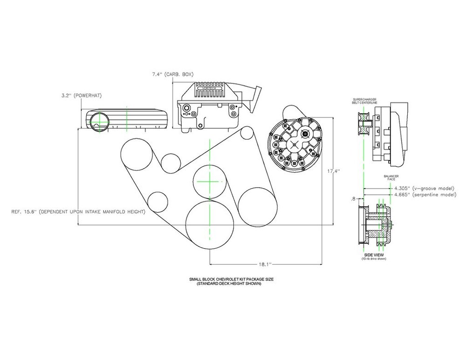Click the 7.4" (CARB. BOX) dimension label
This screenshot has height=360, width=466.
tap(172, 74)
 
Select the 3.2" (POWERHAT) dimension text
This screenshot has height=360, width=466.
tap(82, 95)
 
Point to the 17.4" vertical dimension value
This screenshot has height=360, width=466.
tap(333, 171)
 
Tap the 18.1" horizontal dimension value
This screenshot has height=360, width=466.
tap(265, 265)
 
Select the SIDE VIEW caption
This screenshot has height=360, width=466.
tap(373, 256)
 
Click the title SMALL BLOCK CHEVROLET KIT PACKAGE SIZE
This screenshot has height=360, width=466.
tap(231, 279)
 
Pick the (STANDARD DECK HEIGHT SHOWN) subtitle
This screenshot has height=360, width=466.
tap(228, 283)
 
